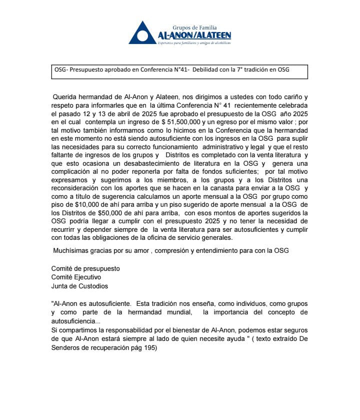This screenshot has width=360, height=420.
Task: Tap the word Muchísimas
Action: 73,250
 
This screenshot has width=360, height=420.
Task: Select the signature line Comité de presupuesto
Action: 85,268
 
